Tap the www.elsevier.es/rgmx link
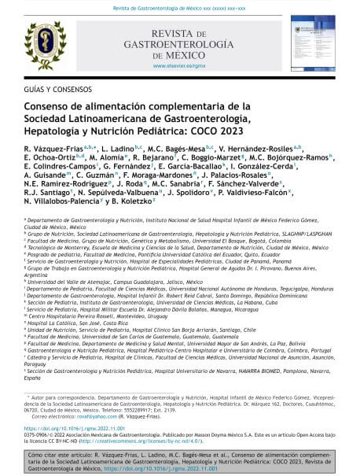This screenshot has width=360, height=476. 181,67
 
